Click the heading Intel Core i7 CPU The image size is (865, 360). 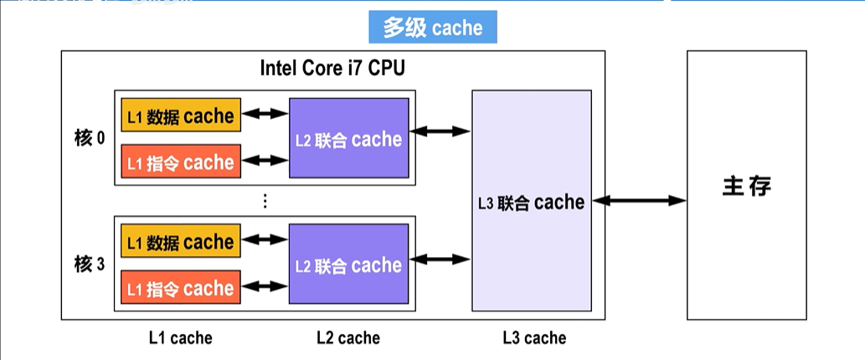point(332,69)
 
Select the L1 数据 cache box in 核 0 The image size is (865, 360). point(181,116)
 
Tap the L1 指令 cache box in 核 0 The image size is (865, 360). point(181,162)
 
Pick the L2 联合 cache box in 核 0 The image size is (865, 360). point(348,138)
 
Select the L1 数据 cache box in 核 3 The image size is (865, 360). point(181,241)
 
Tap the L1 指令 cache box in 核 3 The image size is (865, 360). point(181,287)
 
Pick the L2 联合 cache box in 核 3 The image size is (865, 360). point(348,264)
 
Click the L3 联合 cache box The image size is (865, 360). point(532,201)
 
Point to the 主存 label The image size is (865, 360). point(746,187)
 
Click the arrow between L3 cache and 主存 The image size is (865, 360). point(640,201)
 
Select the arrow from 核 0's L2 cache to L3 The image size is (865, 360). point(440,131)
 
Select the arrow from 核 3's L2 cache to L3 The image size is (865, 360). point(440,259)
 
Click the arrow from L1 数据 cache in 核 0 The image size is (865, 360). point(265,114)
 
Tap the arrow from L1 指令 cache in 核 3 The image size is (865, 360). point(265,286)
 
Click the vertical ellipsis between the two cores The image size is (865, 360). point(265,201)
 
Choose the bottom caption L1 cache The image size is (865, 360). point(180,337)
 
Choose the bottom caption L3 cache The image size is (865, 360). point(534,337)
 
